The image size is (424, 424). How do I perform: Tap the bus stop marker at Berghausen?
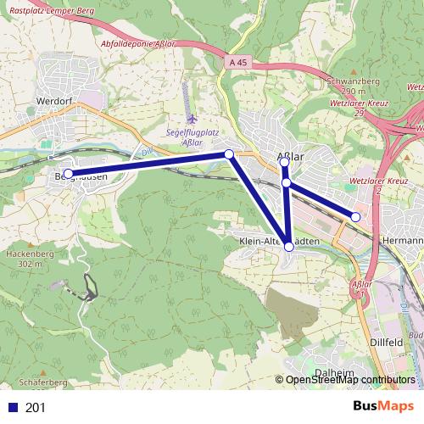point(68,174)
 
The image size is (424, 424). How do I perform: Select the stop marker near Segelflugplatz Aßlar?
point(228,153)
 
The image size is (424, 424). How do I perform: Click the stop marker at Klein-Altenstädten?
point(289,246)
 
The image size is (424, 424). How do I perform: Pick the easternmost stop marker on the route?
point(356,217)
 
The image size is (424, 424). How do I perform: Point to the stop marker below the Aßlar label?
point(287,182)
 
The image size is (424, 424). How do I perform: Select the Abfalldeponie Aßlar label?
point(137,43)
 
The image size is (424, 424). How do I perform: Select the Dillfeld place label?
point(387,341)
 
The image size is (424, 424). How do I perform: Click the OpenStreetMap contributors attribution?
point(349,380)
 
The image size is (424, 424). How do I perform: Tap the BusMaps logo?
point(383,406)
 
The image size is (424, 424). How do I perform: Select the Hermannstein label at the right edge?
point(402,240)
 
